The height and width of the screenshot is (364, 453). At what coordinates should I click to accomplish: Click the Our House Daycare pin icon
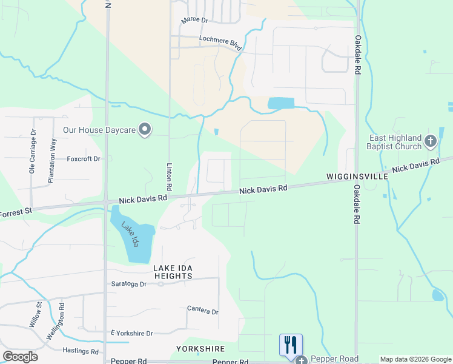(x=145, y=129)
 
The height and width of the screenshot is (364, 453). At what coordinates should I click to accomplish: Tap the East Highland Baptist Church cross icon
(x=431, y=142)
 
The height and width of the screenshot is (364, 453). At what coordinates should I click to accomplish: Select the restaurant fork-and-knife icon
(x=291, y=345)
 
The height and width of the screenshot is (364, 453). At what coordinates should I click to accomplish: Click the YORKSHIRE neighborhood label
(x=200, y=349)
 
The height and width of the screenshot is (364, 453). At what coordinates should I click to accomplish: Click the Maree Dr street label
(x=194, y=21)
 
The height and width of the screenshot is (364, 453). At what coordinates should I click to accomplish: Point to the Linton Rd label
(x=170, y=174)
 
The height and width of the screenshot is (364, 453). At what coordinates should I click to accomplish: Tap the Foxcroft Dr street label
(x=83, y=159)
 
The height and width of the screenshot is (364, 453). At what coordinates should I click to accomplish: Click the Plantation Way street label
(x=54, y=161)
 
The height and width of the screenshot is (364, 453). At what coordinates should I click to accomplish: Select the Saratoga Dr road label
(x=129, y=284)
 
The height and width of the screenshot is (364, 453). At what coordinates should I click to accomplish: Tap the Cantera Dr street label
(x=202, y=311)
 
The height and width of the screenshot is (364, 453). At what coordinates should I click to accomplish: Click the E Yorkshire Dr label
(x=131, y=334)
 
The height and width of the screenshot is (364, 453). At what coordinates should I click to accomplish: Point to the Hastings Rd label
(x=81, y=351)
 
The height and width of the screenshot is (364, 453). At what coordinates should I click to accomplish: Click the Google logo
(x=21, y=357)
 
